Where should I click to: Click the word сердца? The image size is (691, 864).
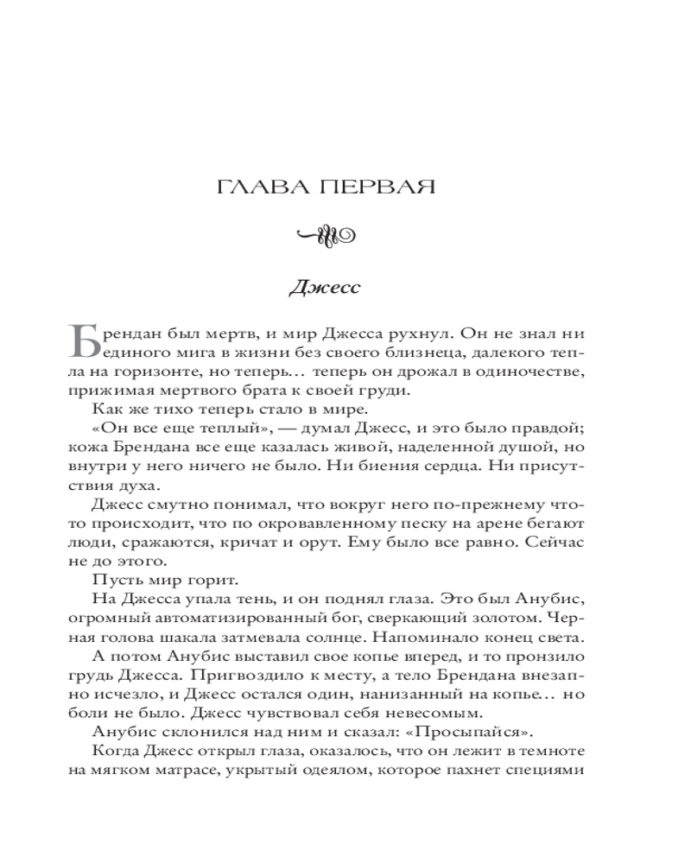449,466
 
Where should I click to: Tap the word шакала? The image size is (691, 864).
197,638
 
